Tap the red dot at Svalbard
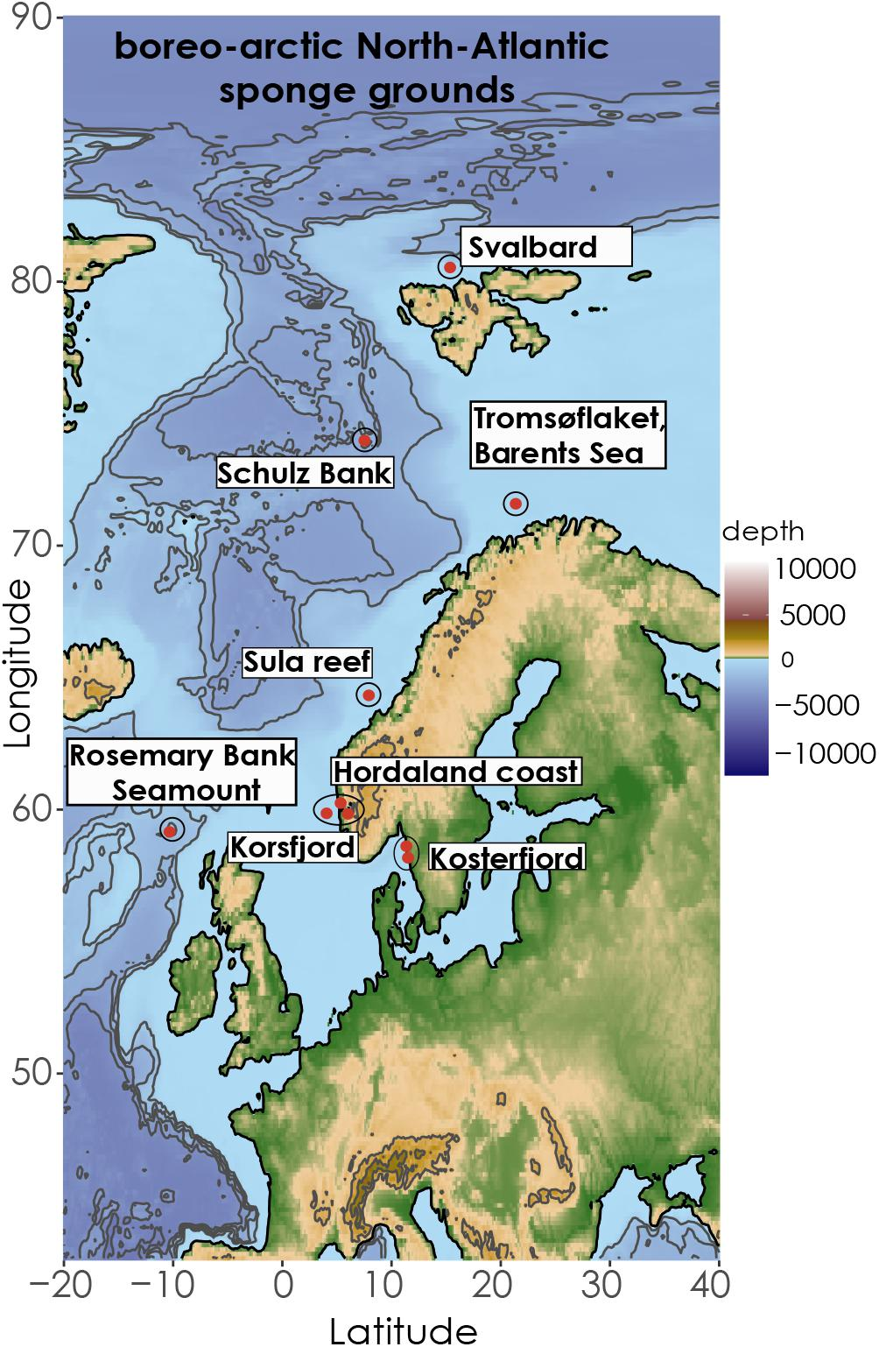click(450, 267)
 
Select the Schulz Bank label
click(304, 474)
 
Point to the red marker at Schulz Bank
click(365, 441)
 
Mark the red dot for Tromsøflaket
click(517, 504)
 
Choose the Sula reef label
click(306, 662)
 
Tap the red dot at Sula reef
click(369, 695)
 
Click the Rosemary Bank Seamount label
click(182, 772)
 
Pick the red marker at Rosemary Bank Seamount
click(171, 830)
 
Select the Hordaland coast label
click(456, 772)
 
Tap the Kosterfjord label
click(506, 858)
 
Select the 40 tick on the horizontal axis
click(717, 1287)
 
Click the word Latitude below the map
click(403, 1331)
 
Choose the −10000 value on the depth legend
click(824, 754)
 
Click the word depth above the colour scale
click(763, 532)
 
